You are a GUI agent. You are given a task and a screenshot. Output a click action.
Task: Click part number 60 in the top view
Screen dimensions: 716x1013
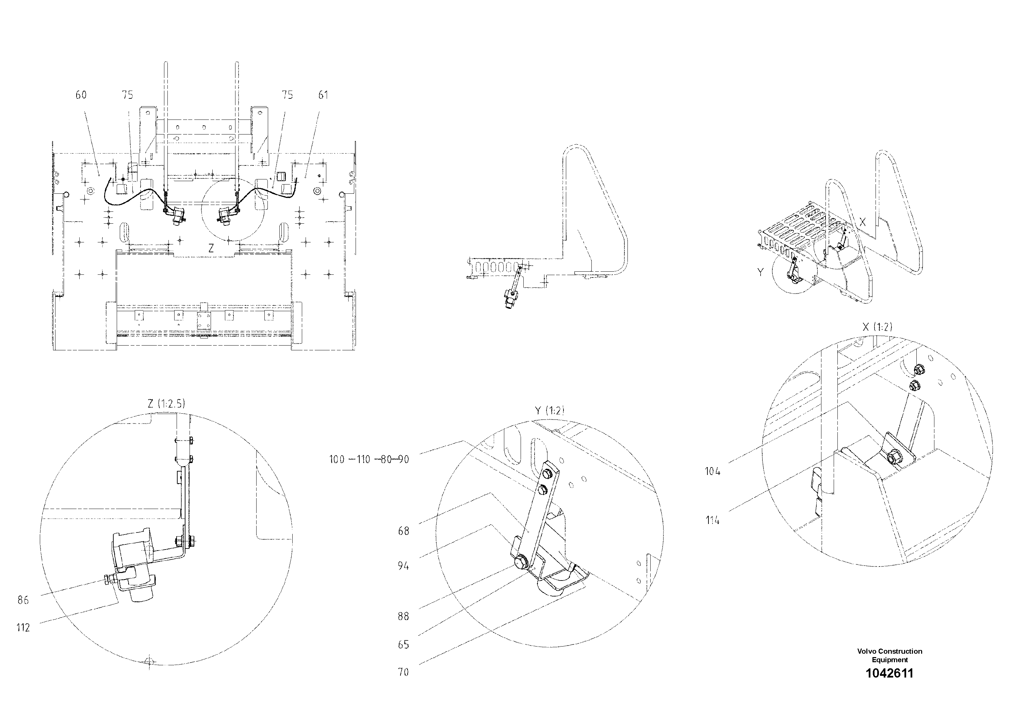(81, 95)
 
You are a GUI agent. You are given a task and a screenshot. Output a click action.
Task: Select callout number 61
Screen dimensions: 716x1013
(323, 95)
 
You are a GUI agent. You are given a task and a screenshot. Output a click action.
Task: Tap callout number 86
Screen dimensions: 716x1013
(23, 600)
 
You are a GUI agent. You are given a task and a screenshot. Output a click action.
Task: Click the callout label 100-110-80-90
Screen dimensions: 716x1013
(369, 460)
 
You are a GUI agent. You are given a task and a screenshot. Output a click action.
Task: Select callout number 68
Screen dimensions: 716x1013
(403, 531)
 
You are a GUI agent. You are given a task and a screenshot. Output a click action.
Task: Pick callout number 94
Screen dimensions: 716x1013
(403, 566)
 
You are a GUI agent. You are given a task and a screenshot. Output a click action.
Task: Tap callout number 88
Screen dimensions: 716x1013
(403, 616)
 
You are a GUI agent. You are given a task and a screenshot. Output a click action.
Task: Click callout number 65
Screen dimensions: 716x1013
(403, 645)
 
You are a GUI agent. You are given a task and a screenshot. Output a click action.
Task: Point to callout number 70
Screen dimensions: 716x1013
(403, 672)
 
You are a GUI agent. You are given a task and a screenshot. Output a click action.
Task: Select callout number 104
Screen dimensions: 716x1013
(713, 472)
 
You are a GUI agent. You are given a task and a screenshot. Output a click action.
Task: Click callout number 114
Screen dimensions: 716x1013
(713, 521)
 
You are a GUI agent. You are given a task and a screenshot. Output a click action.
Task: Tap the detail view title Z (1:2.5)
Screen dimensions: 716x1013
(166, 403)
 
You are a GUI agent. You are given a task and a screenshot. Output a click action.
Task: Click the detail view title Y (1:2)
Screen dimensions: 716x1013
(549, 411)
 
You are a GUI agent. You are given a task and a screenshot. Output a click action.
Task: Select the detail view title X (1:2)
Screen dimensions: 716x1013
(877, 327)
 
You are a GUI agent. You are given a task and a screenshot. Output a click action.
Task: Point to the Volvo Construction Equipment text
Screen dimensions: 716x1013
(889, 655)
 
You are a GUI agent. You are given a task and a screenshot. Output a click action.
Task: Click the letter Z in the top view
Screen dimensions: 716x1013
(211, 249)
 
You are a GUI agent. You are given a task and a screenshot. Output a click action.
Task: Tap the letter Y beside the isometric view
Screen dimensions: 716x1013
(760, 272)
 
